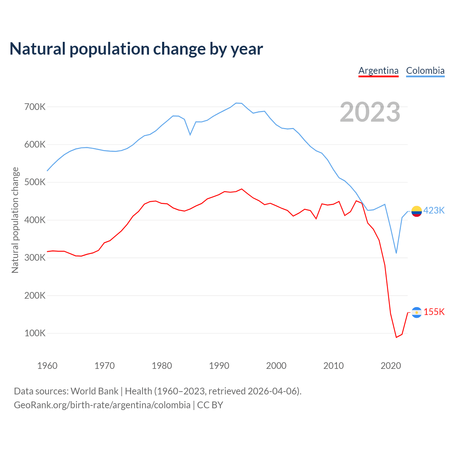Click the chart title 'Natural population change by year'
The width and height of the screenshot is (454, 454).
coord(136,49)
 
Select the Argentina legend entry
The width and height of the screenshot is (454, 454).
coord(378,71)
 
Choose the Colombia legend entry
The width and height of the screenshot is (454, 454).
coord(425,71)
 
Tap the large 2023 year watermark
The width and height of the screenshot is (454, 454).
coord(370,112)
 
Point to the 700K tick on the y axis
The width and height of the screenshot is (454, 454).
coord(35,107)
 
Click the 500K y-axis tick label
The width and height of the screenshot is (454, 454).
coord(35,182)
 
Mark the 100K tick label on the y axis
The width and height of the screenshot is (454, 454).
coord(35,333)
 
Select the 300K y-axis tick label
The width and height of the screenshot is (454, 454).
coord(35,258)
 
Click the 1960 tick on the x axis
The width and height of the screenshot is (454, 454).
coord(47,366)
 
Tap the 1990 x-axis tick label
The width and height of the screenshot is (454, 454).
coord(219,366)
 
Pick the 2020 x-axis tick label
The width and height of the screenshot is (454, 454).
coord(391,366)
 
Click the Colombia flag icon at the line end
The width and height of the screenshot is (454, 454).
coord(416,211)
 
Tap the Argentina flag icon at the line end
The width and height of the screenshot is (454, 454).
coord(416,312)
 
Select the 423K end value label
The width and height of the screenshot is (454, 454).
coord(434,211)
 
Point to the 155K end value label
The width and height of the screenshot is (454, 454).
coord(434,312)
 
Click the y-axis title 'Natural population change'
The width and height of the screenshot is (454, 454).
coord(15,220)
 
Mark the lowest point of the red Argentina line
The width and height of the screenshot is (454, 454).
coord(396,337)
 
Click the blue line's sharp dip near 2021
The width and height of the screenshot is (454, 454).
coord(396,253)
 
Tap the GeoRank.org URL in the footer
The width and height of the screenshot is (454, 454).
coord(102,405)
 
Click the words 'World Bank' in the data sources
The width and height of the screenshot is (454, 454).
coord(94,391)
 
